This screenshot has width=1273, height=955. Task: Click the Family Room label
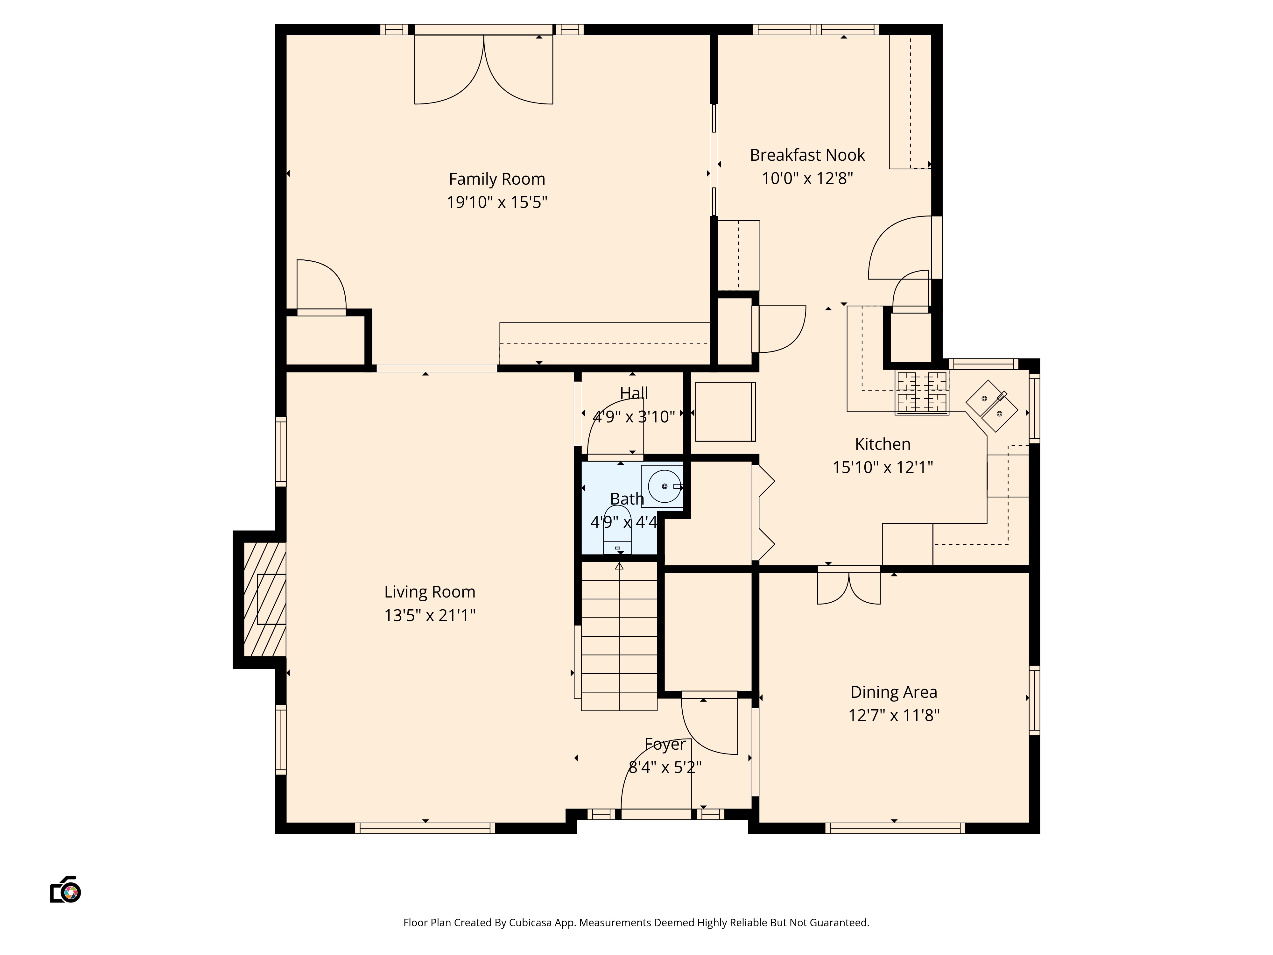tap(497, 179)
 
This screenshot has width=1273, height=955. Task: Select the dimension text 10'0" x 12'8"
tap(807, 179)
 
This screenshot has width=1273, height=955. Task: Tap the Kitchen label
tap(882, 444)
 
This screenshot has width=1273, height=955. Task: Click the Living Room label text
tap(429, 592)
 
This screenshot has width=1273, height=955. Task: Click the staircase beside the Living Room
tap(619, 636)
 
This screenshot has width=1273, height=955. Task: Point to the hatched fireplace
tap(265, 599)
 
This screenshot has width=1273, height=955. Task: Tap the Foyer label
tap(665, 744)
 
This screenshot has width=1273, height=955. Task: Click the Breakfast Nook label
tap(807, 155)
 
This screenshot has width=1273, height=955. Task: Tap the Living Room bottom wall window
tap(425, 828)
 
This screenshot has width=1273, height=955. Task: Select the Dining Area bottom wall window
tap(895, 828)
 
